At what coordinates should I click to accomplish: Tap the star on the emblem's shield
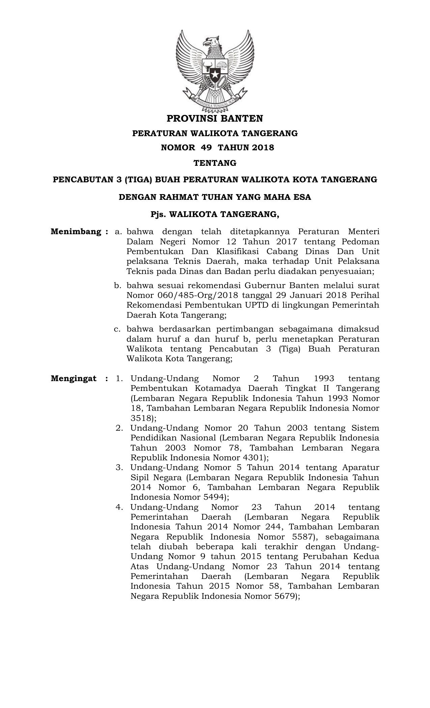coord(214,73)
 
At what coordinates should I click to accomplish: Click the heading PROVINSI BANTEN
coord(215,119)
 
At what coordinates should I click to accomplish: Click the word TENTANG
coord(215,163)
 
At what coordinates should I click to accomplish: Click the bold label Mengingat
coord(74,378)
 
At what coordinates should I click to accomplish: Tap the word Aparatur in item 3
coord(361,468)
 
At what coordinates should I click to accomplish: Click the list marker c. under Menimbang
coord(117,329)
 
